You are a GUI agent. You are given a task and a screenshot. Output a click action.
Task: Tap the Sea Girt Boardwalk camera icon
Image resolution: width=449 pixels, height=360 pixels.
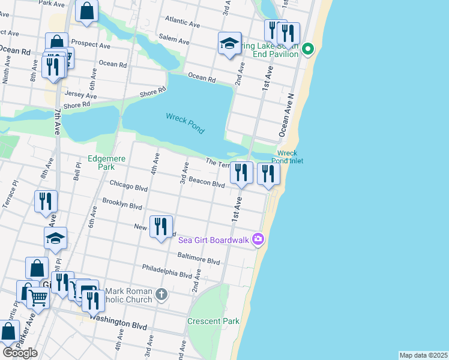(258, 239)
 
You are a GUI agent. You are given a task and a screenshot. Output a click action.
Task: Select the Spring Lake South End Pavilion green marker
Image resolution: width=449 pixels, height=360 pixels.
(308, 49)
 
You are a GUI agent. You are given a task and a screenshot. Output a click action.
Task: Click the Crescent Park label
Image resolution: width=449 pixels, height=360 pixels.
(213, 321)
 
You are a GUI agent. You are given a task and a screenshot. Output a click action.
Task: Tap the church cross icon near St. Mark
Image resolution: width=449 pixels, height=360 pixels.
(161, 294)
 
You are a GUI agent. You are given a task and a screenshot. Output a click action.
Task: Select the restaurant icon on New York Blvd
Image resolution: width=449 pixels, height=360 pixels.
(161, 227)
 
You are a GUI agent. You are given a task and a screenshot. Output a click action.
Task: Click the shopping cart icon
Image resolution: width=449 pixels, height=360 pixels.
(38, 297)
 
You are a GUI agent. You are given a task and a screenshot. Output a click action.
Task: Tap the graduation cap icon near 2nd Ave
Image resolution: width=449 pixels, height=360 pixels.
(229, 43)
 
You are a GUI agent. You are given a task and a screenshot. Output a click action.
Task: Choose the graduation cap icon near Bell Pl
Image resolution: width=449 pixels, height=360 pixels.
(55, 238)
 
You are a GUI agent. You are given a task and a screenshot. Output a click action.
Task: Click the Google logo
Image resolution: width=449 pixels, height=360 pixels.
(20, 353)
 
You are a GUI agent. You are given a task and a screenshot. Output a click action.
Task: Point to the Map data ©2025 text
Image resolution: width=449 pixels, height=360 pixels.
(423, 355)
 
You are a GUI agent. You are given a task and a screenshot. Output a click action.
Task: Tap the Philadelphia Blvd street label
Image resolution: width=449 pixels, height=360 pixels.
(167, 271)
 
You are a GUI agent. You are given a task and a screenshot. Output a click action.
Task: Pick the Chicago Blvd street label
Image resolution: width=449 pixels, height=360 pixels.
(128, 185)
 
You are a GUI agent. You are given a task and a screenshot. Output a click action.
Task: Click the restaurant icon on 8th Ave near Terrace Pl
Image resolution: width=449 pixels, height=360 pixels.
(46, 202)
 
